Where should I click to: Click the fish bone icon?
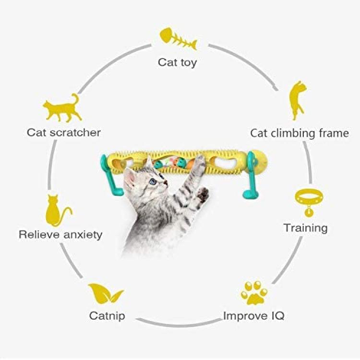point(178,39)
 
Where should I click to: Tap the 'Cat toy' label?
point(177,62)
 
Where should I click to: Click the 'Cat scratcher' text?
point(63,132)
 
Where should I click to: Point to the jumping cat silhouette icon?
point(298,100)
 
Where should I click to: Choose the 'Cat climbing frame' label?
point(300,133)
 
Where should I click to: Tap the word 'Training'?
point(306,228)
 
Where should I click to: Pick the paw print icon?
point(254,293)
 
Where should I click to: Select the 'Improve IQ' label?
point(254,316)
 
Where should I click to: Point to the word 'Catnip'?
point(107,316)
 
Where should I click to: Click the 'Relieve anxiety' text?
point(60,235)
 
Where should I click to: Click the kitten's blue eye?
point(152,181)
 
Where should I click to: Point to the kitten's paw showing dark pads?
point(203,195)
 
